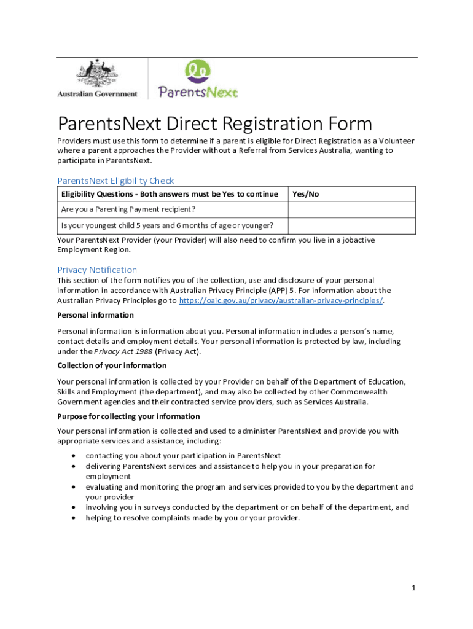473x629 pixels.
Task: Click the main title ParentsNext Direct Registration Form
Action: click(214, 124)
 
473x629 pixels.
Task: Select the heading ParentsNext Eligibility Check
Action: click(115, 181)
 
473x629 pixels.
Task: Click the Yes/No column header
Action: click(305, 194)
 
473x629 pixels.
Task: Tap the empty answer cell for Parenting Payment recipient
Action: click(351, 209)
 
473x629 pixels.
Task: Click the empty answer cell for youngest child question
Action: click(351, 225)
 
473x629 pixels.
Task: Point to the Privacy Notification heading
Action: click(97, 270)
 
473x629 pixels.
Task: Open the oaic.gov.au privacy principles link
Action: click(280, 300)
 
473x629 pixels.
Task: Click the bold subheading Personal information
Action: click(95, 315)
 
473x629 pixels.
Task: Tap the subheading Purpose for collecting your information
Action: click(128, 416)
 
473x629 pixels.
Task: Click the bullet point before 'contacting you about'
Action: click(74, 456)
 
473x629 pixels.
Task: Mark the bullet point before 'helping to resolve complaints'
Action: click(74, 518)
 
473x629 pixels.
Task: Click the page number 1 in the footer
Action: click(414, 588)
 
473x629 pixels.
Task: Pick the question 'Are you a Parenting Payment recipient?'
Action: click(128, 209)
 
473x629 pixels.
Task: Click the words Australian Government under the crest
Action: click(97, 94)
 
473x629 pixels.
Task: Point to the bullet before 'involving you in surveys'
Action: click(74, 507)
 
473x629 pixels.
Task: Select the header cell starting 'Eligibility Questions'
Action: click(170, 194)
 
